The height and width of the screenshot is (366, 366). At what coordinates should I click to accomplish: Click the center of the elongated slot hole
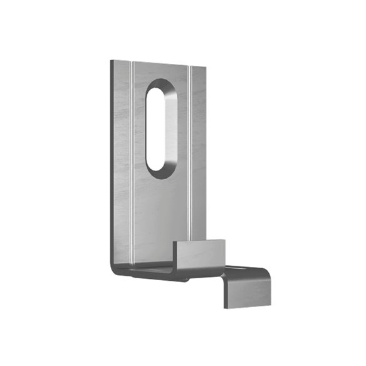point(161,128)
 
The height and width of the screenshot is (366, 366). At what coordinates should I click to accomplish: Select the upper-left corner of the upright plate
point(112,60)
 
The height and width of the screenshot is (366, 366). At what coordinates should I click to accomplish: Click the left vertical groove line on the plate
point(132,157)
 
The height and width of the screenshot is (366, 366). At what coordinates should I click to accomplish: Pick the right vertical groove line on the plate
point(189,157)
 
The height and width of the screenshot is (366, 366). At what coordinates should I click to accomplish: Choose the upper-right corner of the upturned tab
point(224,239)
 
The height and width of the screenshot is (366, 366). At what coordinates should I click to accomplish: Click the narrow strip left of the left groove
point(122,157)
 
